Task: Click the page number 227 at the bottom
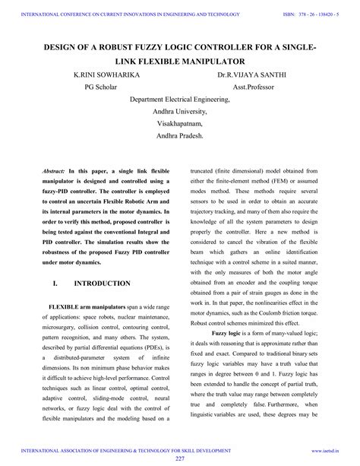pyautogui.click(x=180, y=459)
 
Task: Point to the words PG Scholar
pyautogui.click(x=103, y=87)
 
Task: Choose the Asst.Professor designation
pyautogui.click(x=256, y=87)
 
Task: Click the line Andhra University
pyautogui.click(x=180, y=111)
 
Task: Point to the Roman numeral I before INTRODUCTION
pyautogui.click(x=55, y=284)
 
